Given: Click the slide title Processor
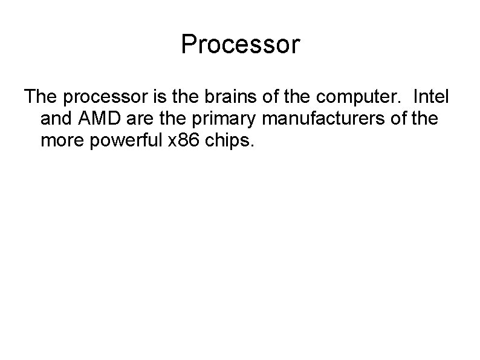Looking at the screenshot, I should pos(240,45).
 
